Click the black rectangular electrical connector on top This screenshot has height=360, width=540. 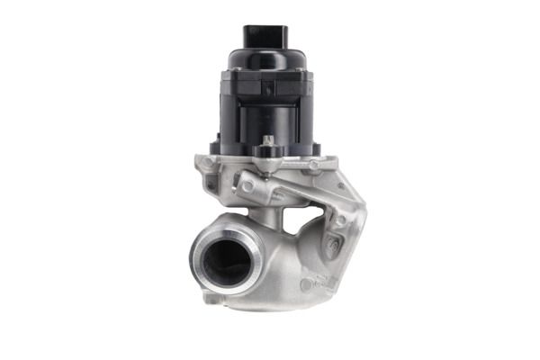pyautogui.click(x=269, y=37)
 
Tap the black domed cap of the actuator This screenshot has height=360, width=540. pyautogui.click(x=269, y=61)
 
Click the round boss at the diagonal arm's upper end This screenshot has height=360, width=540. pyautogui.click(x=246, y=185)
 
